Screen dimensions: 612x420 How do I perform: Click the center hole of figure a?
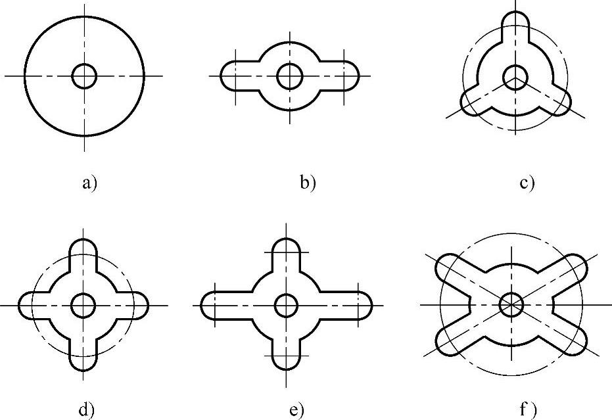[x=84, y=76]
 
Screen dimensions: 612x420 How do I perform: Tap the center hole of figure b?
[x=289, y=76]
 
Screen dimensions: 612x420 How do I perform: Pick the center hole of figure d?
[x=83, y=305]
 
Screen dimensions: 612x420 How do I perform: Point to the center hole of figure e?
[x=287, y=305]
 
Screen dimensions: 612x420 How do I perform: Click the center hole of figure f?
[x=511, y=304]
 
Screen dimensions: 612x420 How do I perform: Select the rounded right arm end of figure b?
[x=348, y=76]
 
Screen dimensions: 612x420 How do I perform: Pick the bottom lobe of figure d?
[x=83, y=358]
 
